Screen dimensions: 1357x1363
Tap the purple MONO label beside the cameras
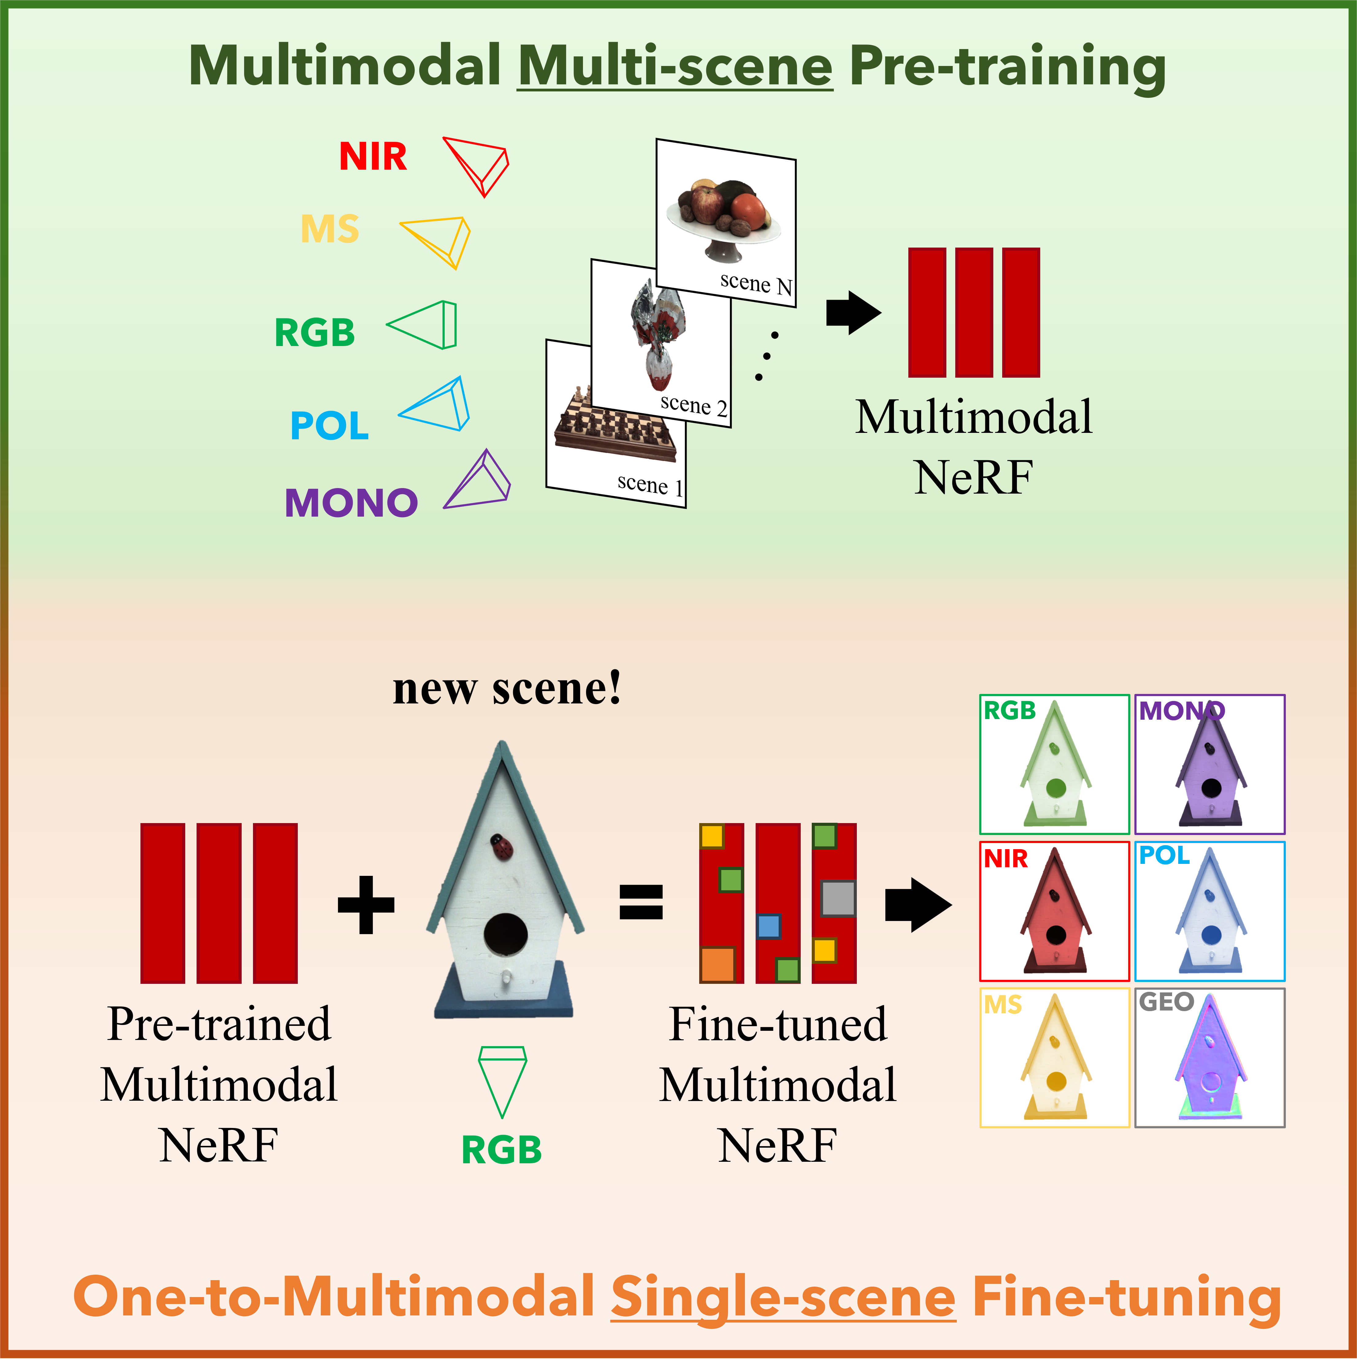pyautogui.click(x=351, y=503)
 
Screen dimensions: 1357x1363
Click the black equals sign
pyautogui.click(x=641, y=902)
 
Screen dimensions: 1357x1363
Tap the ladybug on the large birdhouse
pyautogui.click(x=501, y=847)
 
